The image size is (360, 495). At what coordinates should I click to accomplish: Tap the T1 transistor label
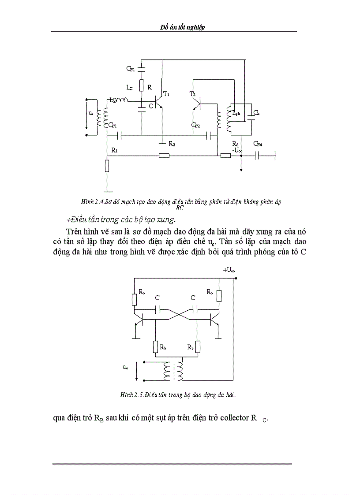[166, 94]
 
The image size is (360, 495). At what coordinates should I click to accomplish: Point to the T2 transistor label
[192, 94]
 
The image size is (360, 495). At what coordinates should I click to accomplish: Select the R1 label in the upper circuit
[114, 150]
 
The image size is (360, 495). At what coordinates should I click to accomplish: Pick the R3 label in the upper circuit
[235, 144]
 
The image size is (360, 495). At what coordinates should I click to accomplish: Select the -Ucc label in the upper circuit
[237, 150]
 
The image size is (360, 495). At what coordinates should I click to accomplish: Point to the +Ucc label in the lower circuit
[229, 270]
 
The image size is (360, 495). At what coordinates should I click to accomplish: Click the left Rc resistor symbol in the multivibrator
[135, 300]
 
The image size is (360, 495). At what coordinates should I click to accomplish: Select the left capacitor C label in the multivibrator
[157, 298]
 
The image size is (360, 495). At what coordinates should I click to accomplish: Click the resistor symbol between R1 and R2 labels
[164, 155]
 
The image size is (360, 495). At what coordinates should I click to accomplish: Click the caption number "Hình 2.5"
[131, 395]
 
